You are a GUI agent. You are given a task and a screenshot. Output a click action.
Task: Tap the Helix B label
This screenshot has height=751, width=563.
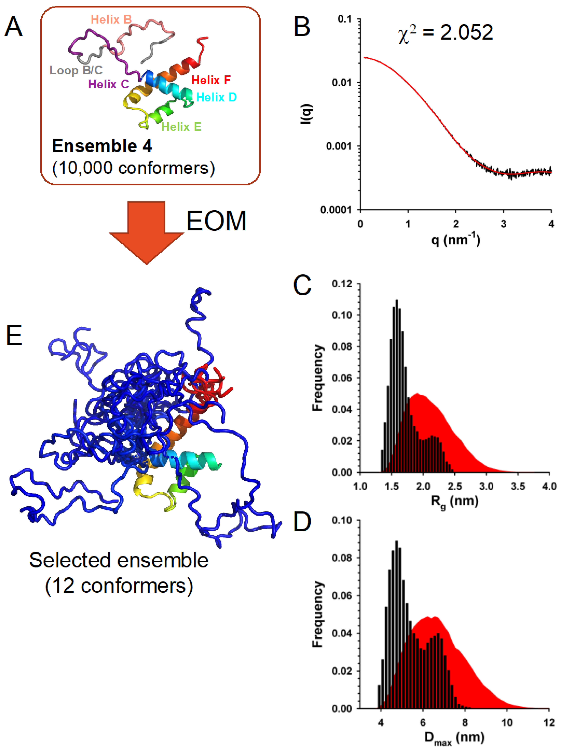111,20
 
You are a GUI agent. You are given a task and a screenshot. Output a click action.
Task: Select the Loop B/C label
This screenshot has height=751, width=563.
76,70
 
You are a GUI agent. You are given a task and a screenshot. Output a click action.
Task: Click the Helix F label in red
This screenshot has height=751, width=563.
211,80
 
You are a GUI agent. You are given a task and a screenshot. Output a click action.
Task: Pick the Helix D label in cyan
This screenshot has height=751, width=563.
216,98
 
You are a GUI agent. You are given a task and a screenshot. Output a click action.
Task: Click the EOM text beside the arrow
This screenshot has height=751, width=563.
216,221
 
